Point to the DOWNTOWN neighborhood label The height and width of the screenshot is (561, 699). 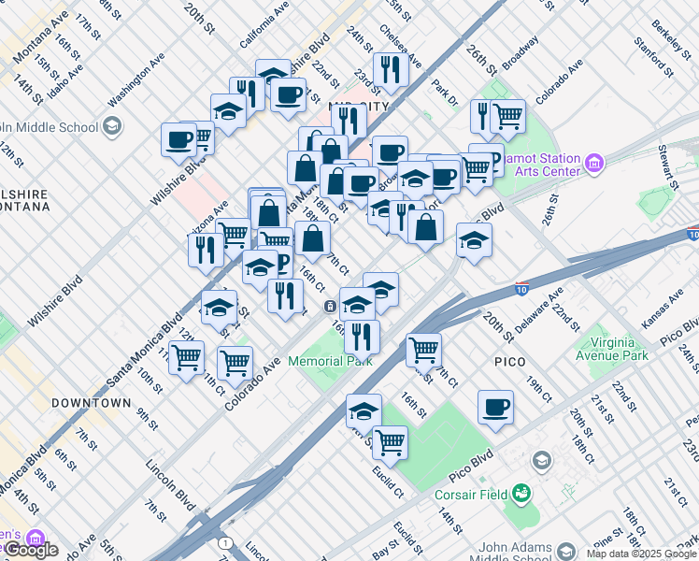click(91, 403)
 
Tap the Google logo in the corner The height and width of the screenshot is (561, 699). click(31, 550)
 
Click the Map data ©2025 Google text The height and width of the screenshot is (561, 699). click(641, 554)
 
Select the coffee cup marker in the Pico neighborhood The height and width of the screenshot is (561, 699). click(495, 408)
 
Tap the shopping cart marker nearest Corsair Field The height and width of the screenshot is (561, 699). click(390, 442)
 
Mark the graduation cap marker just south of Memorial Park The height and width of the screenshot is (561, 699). click(364, 410)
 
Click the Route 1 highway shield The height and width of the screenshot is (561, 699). click(224, 542)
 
